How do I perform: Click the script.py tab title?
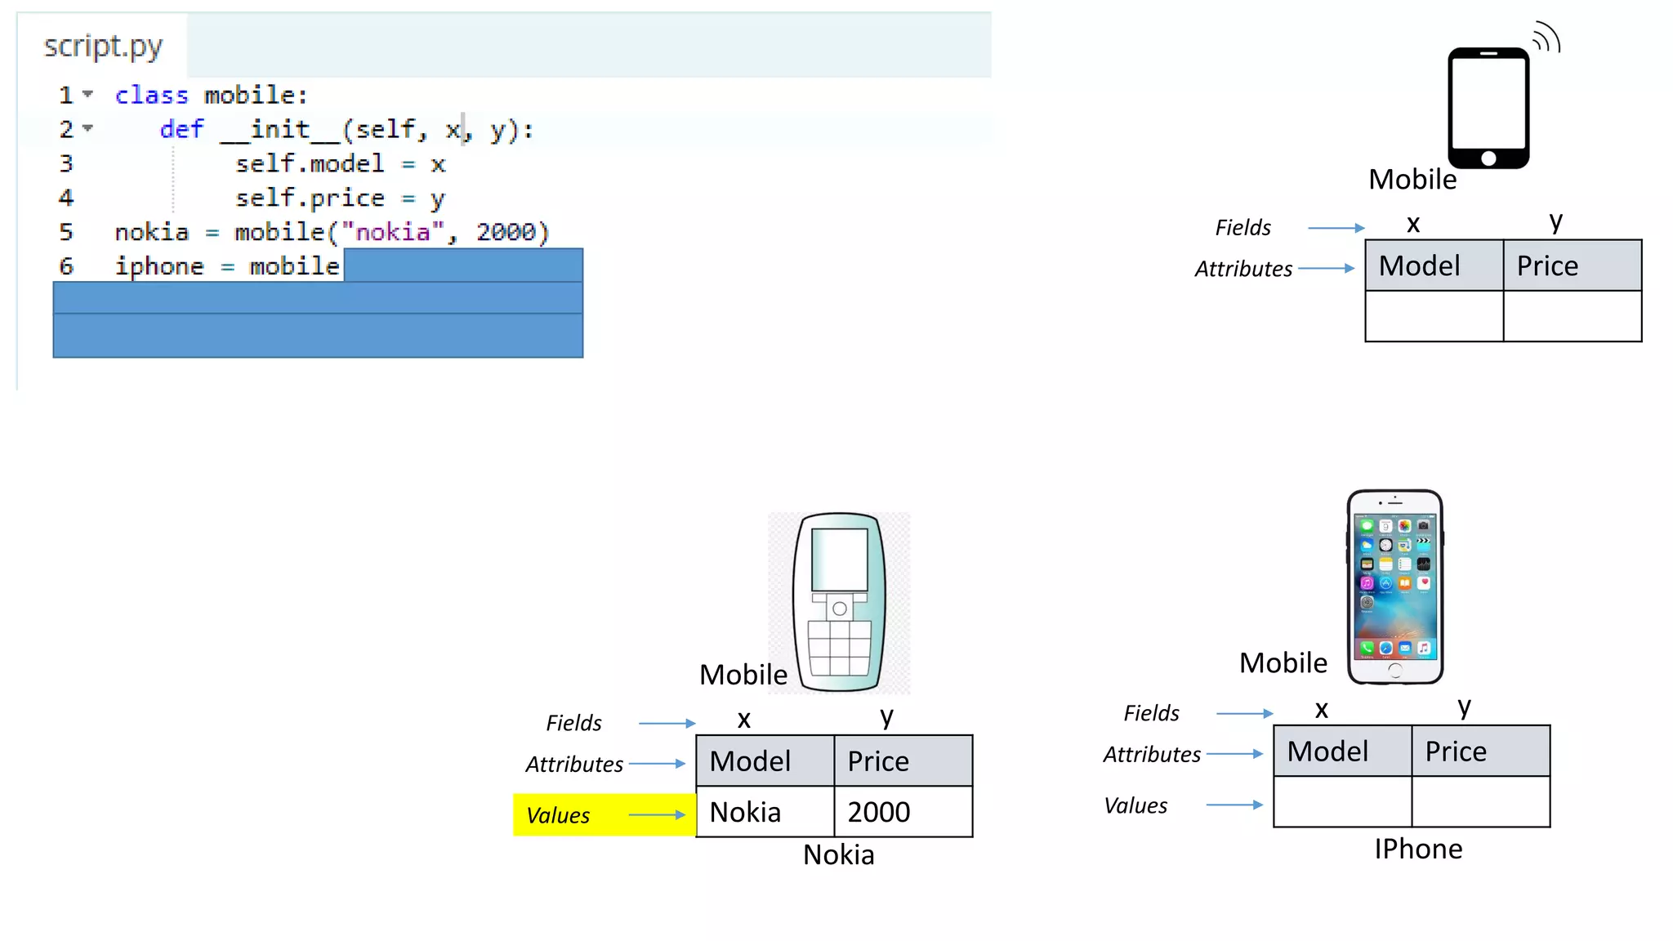tap(103, 47)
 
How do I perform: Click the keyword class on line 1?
tap(151, 96)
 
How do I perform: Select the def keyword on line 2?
tap(181, 130)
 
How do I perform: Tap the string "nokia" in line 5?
tap(393, 233)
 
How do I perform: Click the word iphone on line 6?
tap(159, 267)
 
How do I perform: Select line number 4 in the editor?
tap(66, 198)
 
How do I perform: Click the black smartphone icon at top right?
tap(1488, 108)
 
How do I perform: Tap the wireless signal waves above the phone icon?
tap(1546, 38)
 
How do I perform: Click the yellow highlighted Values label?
tap(558, 815)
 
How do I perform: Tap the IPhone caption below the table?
tap(1418, 850)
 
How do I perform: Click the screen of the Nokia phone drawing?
tap(839, 560)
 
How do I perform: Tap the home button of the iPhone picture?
tap(1395, 671)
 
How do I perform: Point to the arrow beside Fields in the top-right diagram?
tap(1336, 228)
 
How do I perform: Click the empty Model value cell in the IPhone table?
tap(1342, 802)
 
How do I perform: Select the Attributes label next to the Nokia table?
tap(574, 765)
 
